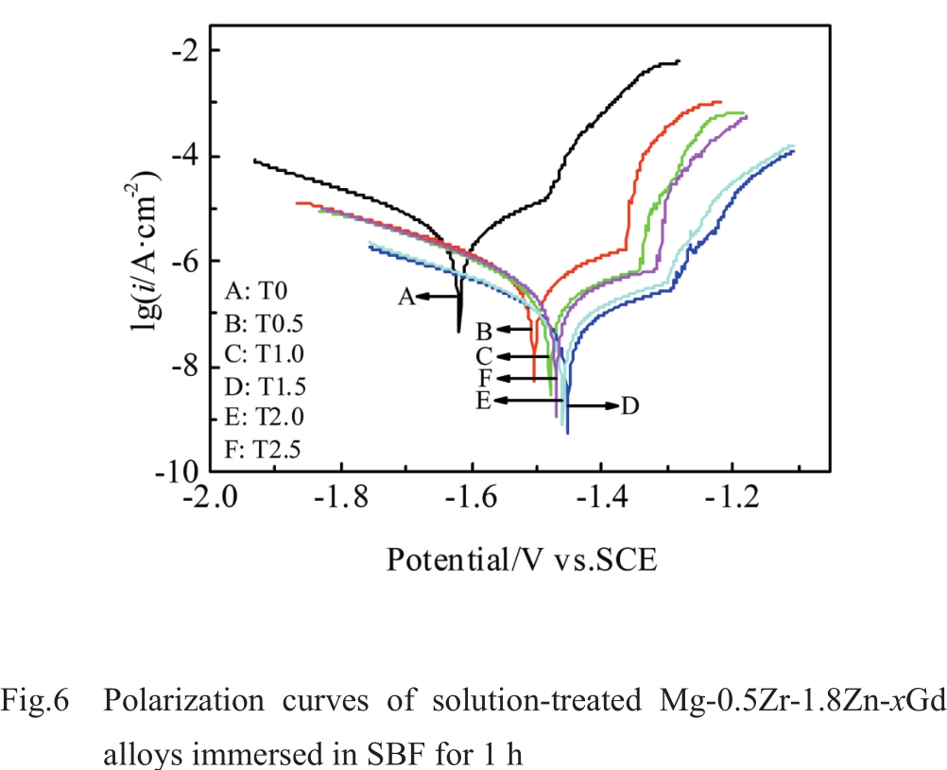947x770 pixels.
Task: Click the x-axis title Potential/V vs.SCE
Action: click(521, 559)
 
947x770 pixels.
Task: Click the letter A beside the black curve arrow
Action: click(405, 297)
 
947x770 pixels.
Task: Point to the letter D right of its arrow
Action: click(630, 405)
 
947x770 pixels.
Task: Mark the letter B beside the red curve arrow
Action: click(483, 331)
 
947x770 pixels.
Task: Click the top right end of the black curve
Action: click(678, 61)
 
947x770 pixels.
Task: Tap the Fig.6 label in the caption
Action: click(36, 702)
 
